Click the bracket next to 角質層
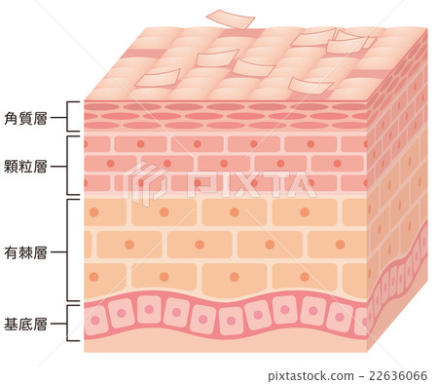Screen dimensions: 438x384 (x=68, y=116)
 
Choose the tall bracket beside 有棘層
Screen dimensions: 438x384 (x=68, y=250)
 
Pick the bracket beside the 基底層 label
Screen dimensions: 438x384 (x=68, y=324)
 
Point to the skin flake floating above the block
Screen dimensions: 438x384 (x=231, y=19)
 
